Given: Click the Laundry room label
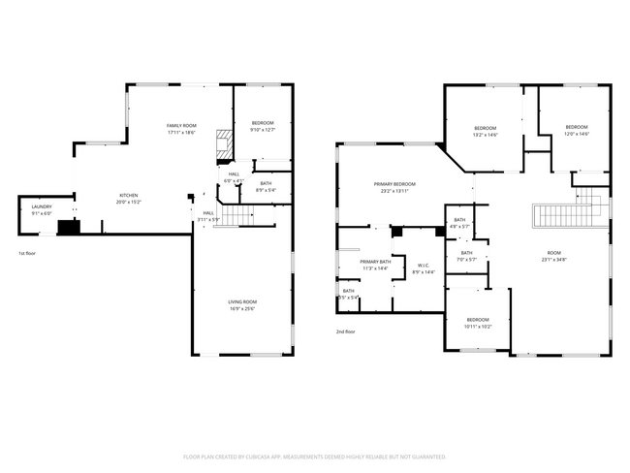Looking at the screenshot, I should point(41,206).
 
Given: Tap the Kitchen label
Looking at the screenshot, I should point(129,196).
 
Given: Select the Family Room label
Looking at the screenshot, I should point(181,126).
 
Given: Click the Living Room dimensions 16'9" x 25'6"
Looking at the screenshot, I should point(242,309).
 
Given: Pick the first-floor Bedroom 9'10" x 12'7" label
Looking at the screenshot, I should point(263,123).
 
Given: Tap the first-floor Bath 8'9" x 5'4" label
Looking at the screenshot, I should point(266,183).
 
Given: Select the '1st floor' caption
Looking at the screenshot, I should point(28,254).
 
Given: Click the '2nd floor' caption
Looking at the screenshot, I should point(346,331).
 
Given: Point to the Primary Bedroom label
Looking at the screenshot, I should point(395,184).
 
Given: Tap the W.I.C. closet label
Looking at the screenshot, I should point(423,266).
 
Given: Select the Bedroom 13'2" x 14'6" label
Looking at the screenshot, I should point(485,129).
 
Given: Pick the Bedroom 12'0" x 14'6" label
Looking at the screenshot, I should point(576,127).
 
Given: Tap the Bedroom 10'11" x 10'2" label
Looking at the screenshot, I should point(478,320).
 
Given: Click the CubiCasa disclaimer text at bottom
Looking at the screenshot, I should point(314,456).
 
